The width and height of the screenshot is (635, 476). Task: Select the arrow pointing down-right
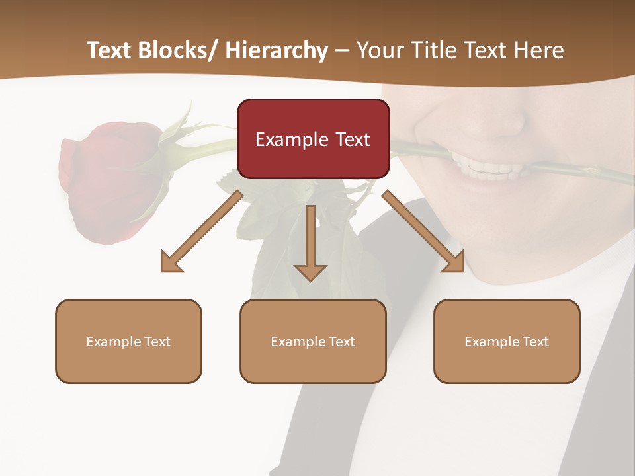click(423, 231)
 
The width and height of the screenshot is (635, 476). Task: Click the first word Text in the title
click(110, 50)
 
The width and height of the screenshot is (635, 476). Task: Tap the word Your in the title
click(382, 50)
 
